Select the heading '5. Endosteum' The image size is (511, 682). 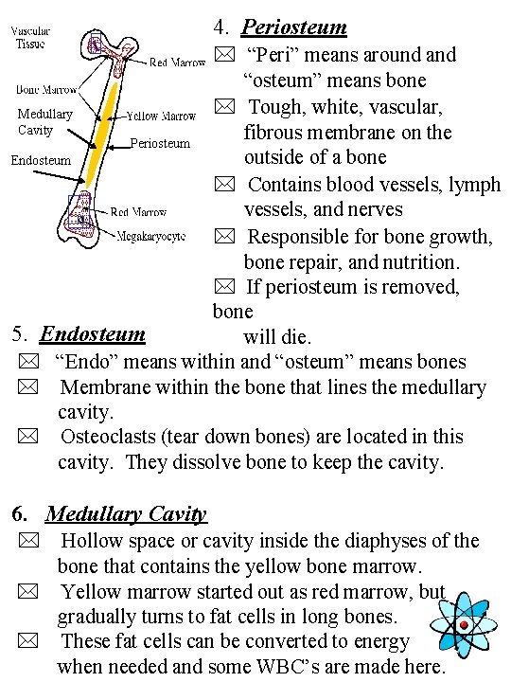pyautogui.click(x=79, y=333)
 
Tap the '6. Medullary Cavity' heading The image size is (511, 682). pyautogui.click(x=110, y=514)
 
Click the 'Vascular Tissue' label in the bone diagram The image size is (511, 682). pyautogui.click(x=32, y=37)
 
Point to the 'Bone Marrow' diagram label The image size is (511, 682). pyautogui.click(x=46, y=90)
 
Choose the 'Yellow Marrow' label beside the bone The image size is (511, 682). pyautogui.click(x=162, y=117)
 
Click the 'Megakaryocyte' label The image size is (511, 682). pyautogui.click(x=151, y=236)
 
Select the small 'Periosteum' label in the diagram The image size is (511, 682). pyautogui.click(x=159, y=144)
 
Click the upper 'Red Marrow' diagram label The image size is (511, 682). pyautogui.click(x=178, y=63)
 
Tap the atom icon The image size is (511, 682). pyautogui.click(x=463, y=625)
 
